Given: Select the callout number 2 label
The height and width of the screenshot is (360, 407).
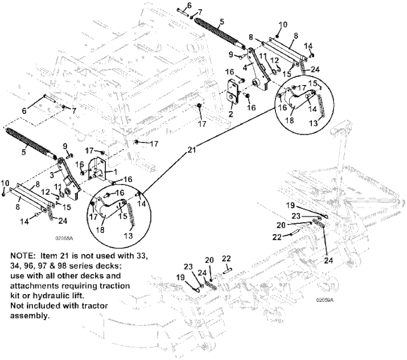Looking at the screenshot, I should [230, 113].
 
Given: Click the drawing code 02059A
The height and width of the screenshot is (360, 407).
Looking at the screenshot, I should [326, 300].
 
